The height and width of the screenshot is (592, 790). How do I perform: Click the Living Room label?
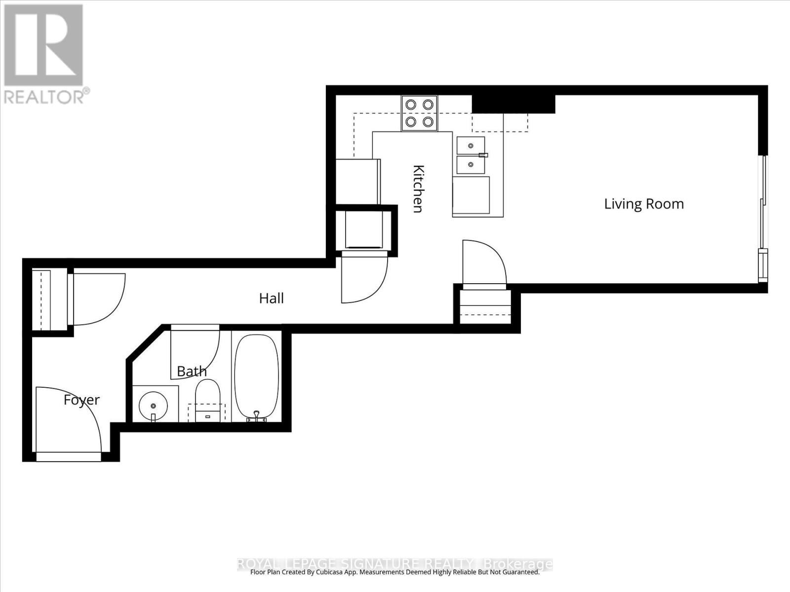644,204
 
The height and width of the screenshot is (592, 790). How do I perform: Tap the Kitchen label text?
418,188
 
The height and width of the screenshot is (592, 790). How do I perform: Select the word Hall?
271,298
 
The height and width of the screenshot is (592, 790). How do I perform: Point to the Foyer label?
81,400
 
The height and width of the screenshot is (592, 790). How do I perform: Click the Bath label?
192,371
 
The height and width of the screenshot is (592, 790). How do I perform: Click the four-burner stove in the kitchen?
419,113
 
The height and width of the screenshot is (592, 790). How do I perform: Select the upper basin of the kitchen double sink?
471,146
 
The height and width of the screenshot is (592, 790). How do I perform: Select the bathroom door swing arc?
195,353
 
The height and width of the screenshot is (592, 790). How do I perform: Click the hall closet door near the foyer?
99,299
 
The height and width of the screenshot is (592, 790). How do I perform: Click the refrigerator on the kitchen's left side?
358,181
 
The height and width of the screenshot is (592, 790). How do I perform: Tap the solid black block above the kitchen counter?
513,104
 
